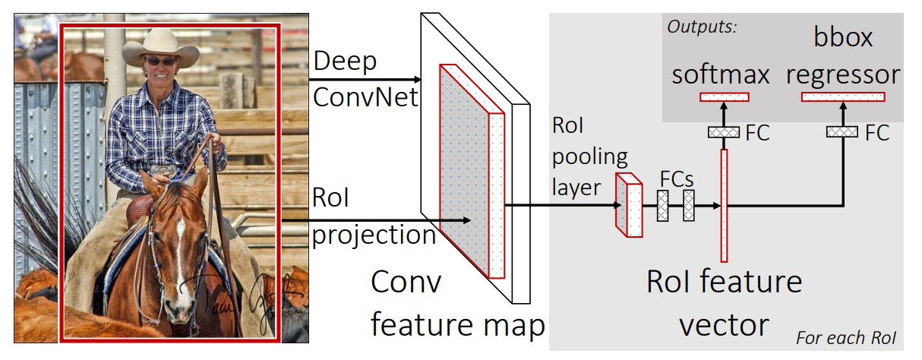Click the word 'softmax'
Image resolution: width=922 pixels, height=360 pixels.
[721, 74]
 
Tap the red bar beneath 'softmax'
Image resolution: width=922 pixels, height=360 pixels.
[724, 96]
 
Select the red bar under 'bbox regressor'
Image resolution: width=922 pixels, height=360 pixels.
[843, 96]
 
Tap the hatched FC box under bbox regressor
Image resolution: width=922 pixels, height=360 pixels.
[842, 132]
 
